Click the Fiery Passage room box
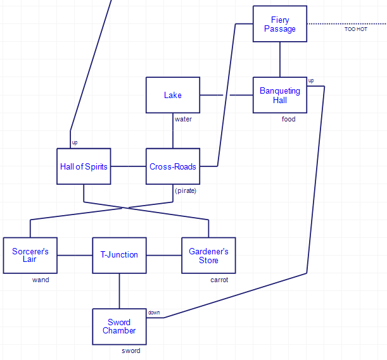pyautogui.click(x=280, y=24)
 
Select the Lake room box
pyautogui.click(x=173, y=95)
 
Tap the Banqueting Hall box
pyautogui.click(x=280, y=95)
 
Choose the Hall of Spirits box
pyautogui.click(x=84, y=166)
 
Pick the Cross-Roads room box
pyautogui.click(x=173, y=166)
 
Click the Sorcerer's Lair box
pyautogui.click(x=30, y=256)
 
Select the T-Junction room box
pyautogui.click(x=119, y=255)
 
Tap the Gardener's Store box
pyautogui.click(x=208, y=256)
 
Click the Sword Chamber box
pyautogui.click(x=119, y=326)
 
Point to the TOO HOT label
pyautogui.click(x=355, y=30)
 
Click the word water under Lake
pyautogui.click(x=183, y=119)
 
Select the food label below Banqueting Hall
pyautogui.click(x=288, y=119)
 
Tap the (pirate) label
pyautogui.click(x=186, y=190)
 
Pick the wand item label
pyautogui.click(x=41, y=280)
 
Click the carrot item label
pyautogui.click(x=219, y=280)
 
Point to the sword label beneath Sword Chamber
pyautogui.click(x=131, y=351)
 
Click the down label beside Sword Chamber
pyautogui.click(x=154, y=313)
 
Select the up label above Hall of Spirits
pyautogui.click(x=75, y=142)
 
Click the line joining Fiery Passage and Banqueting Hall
pyautogui.click(x=280, y=59)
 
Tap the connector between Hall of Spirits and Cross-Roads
pyautogui.click(x=129, y=166)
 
